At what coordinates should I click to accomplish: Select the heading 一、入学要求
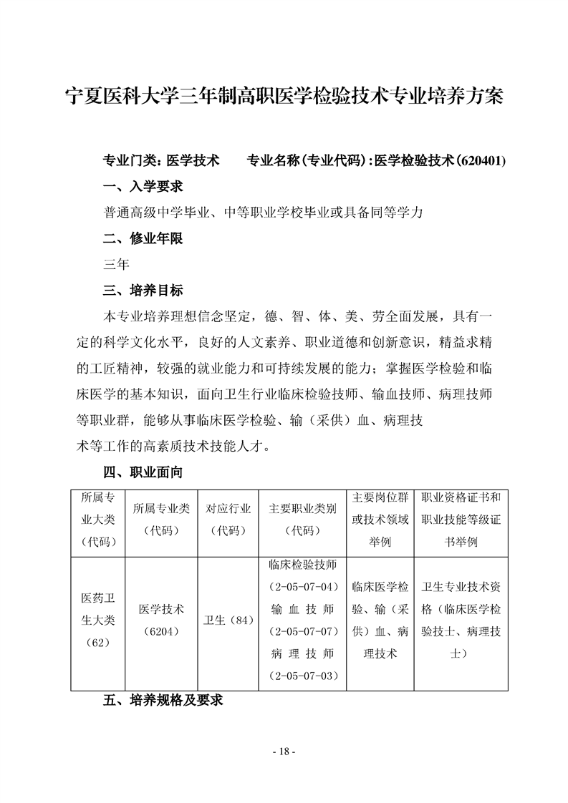[143, 187]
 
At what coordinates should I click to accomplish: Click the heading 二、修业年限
[143, 238]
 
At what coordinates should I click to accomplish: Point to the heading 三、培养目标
[143, 291]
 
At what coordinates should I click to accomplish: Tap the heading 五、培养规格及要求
[163, 701]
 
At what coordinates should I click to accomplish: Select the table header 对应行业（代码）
[228, 520]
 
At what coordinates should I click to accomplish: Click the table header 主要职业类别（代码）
[302, 520]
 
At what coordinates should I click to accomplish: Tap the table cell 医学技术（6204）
[161, 620]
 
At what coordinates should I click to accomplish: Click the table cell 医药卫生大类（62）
[98, 620]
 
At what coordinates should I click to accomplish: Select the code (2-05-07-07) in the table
[302, 631]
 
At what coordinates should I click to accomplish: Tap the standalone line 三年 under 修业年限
[116, 265]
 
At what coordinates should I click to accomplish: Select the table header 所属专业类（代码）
[161, 520]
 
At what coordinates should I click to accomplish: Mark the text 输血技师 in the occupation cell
[302, 609]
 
